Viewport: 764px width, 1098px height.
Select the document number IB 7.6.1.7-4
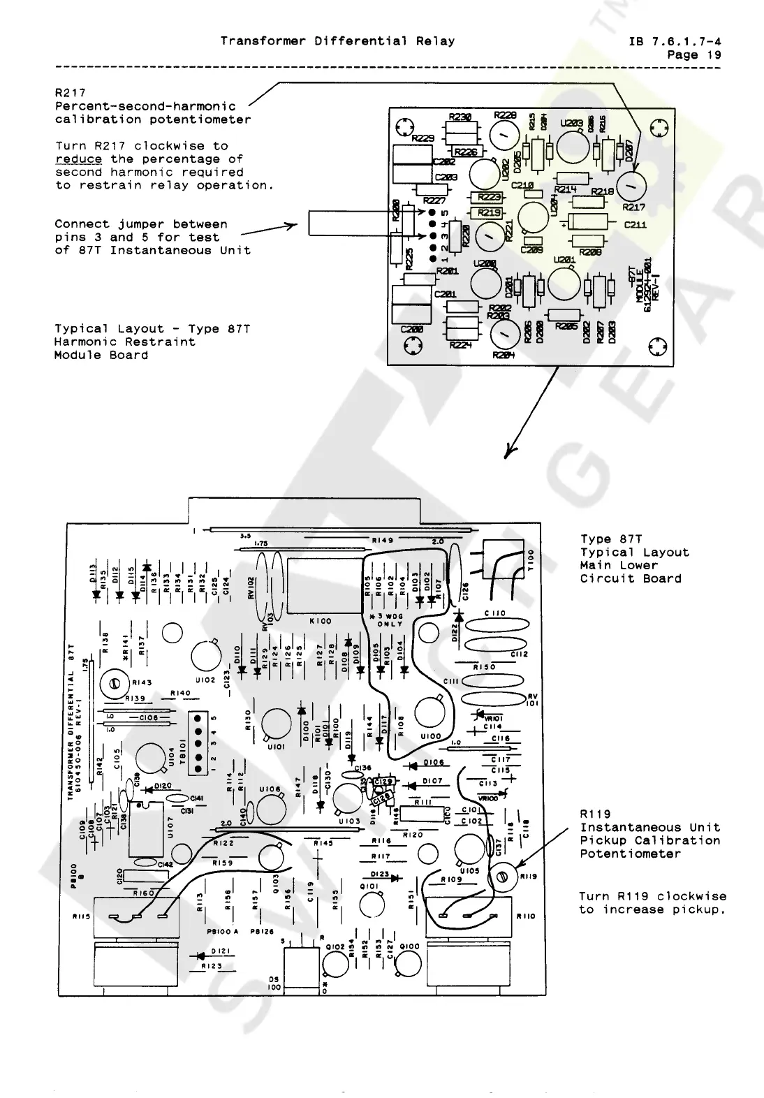675,41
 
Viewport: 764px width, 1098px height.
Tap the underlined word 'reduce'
78,159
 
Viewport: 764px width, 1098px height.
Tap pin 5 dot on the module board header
432,212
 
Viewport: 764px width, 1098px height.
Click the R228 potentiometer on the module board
504,133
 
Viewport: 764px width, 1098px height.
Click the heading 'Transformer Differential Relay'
337,41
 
